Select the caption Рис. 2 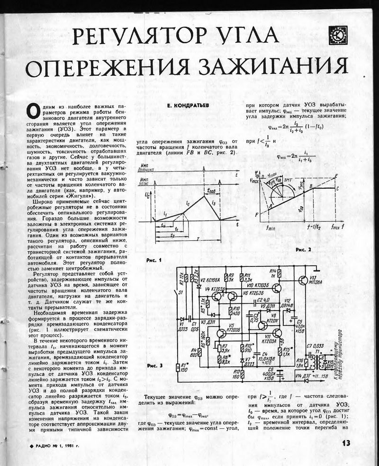[303, 249]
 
